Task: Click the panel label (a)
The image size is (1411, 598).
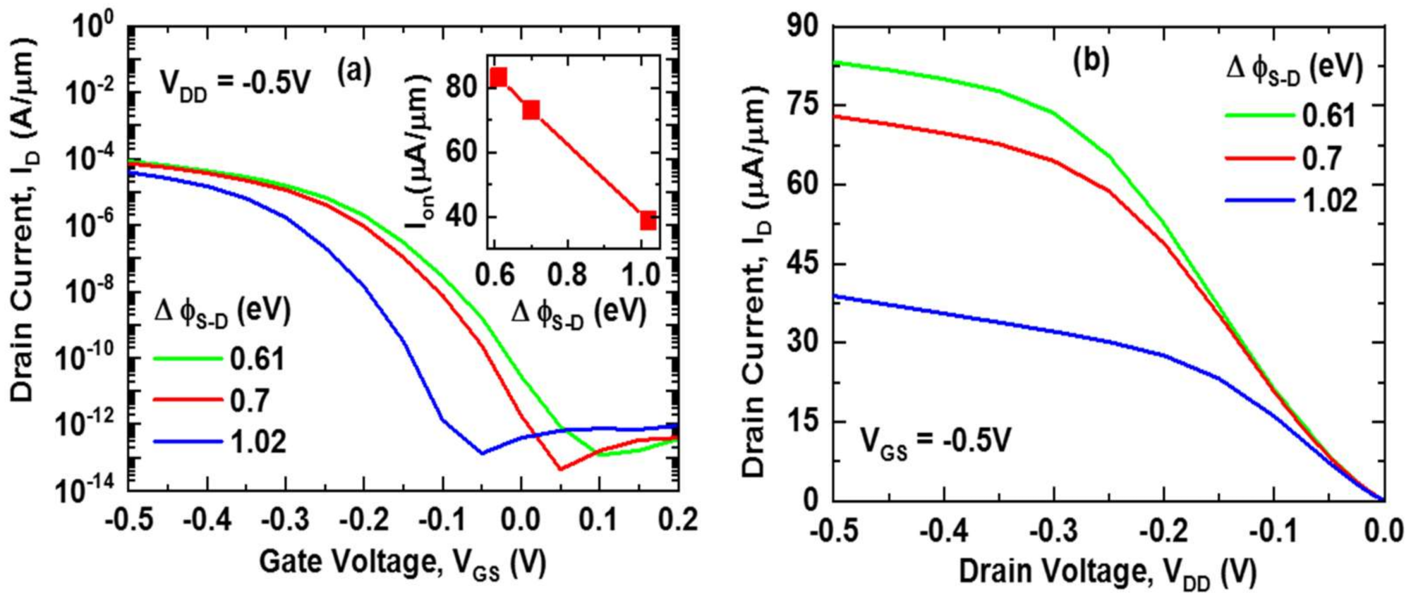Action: (354, 71)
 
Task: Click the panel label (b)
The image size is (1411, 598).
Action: (1091, 61)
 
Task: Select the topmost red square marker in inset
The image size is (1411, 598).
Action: (499, 77)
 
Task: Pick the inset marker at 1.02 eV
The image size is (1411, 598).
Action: (648, 220)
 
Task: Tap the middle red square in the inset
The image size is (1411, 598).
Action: (531, 109)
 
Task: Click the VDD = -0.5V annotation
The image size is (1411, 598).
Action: (236, 84)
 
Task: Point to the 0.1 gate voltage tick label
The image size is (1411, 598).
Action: (598, 520)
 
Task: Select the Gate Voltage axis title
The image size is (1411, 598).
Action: (403, 563)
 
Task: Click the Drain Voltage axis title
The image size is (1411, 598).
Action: (1107, 572)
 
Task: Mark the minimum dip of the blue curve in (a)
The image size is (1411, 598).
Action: (482, 453)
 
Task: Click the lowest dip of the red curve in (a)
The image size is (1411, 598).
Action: (560, 469)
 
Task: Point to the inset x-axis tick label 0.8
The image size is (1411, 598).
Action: (568, 274)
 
